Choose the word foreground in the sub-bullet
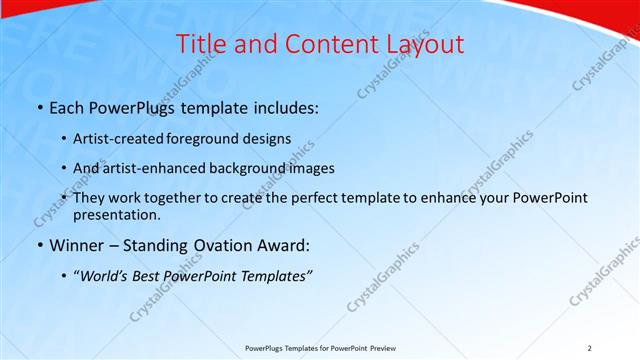click(x=213, y=138)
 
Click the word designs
click(x=269, y=138)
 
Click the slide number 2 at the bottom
click(x=590, y=348)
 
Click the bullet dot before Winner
click(x=39, y=245)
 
